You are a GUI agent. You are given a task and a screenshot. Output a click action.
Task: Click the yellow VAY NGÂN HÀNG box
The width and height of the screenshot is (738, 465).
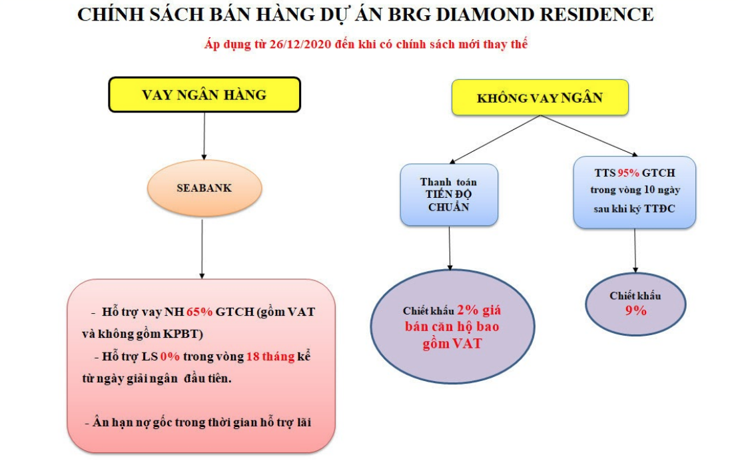tap(204, 95)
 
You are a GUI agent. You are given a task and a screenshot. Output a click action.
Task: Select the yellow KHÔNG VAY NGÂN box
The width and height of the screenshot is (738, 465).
tap(540, 97)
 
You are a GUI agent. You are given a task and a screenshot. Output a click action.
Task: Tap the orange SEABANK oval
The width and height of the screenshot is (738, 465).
tap(204, 189)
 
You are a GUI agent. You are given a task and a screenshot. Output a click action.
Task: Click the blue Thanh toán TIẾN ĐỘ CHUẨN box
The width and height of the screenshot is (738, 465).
tap(449, 195)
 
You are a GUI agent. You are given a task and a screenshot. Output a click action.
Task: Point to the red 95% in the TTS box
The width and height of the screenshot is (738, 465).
tap(628, 173)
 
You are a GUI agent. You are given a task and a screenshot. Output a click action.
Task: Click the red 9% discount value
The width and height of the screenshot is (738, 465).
tap(635, 310)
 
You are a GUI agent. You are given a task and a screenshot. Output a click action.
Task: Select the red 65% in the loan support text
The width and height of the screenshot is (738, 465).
tap(200, 312)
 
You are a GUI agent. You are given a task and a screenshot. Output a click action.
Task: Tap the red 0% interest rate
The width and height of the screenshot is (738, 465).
tap(170, 356)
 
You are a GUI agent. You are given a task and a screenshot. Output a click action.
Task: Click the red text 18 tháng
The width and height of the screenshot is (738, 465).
tap(270, 356)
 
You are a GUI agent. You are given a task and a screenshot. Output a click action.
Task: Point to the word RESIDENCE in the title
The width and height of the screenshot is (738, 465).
tap(596, 15)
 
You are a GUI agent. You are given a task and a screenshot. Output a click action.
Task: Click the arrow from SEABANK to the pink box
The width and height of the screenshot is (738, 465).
tap(202, 249)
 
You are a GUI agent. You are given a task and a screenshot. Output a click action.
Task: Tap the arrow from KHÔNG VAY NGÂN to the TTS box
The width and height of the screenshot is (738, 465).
tap(589, 135)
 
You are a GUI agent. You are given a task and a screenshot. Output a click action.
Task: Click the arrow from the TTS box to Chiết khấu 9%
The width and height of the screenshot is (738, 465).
tap(635, 250)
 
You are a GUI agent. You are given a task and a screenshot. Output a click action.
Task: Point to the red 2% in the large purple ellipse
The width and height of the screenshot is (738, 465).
tap(468, 310)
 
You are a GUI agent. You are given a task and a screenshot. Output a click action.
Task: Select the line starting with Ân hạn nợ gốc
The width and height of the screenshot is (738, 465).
tap(198, 422)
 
